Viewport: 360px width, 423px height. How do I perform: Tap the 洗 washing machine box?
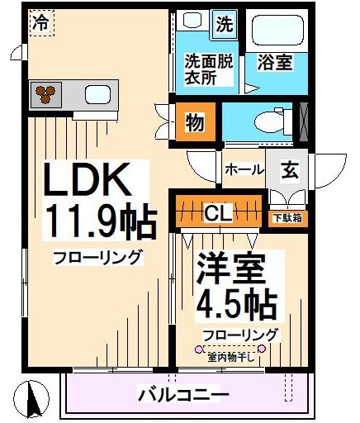pos(223,24)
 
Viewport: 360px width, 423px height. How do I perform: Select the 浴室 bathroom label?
pos(274,61)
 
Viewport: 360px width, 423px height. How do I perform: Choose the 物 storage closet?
pos(195,123)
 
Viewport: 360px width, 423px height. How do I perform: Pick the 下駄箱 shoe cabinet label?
pos(286,219)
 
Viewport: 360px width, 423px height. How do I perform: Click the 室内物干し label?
pos(232,357)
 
